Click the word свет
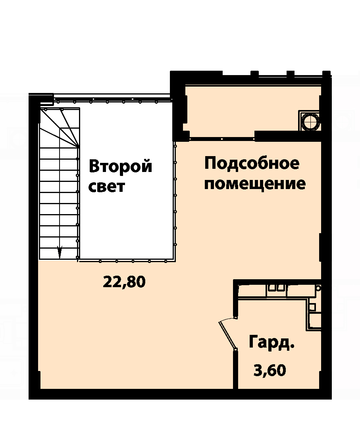coord(107,187)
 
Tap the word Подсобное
coord(252,164)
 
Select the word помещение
coord(255,184)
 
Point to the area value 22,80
coord(124,282)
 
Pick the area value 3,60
coord(270,370)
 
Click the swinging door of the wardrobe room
coord(227,333)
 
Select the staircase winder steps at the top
coord(60,127)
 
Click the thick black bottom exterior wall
coord(180,394)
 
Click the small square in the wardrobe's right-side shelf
coord(312,307)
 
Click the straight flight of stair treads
coord(59,203)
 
